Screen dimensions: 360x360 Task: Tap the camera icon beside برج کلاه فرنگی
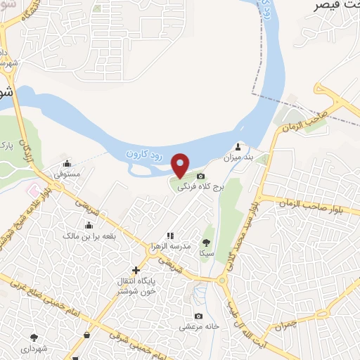[x=201, y=176]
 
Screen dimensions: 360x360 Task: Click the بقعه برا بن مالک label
[x=89, y=237]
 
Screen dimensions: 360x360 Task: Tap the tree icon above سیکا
[x=207, y=240]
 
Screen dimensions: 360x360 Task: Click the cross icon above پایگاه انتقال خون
[x=136, y=270]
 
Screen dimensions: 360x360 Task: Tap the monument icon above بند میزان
[x=238, y=148]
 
